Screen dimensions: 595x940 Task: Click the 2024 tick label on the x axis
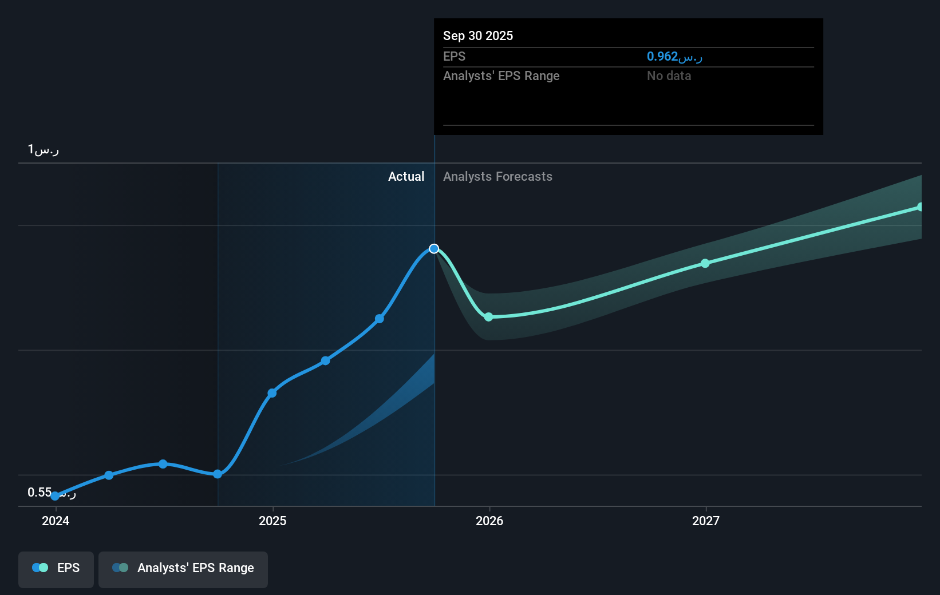pyautogui.click(x=56, y=521)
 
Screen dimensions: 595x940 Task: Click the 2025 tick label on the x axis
pyautogui.click(x=272, y=521)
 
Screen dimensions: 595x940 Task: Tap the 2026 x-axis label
pyautogui.click(x=489, y=521)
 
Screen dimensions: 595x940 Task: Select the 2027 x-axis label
pyautogui.click(x=706, y=521)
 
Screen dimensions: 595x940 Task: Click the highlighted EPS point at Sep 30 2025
pyautogui.click(x=434, y=248)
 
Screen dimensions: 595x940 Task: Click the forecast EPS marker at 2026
pyautogui.click(x=488, y=317)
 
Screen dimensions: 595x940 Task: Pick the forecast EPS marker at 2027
pyautogui.click(x=705, y=263)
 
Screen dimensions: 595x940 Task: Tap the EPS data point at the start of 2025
pyautogui.click(x=272, y=393)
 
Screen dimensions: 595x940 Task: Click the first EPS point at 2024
pyautogui.click(x=55, y=495)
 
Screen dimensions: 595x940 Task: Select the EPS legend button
pyautogui.click(x=56, y=568)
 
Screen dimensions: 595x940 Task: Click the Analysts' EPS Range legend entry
pyautogui.click(x=183, y=568)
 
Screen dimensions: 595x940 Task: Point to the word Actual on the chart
pyautogui.click(x=406, y=177)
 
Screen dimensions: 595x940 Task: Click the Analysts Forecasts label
pyautogui.click(x=497, y=177)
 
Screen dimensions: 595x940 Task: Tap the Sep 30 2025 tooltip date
pyautogui.click(x=478, y=36)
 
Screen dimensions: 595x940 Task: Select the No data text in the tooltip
pyautogui.click(x=669, y=76)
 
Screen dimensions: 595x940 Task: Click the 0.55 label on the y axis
pyautogui.click(x=40, y=492)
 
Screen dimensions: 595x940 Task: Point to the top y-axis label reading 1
pyautogui.click(x=43, y=150)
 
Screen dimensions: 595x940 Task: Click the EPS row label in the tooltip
pyautogui.click(x=454, y=57)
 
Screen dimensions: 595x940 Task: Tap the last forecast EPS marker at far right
pyautogui.click(x=920, y=207)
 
